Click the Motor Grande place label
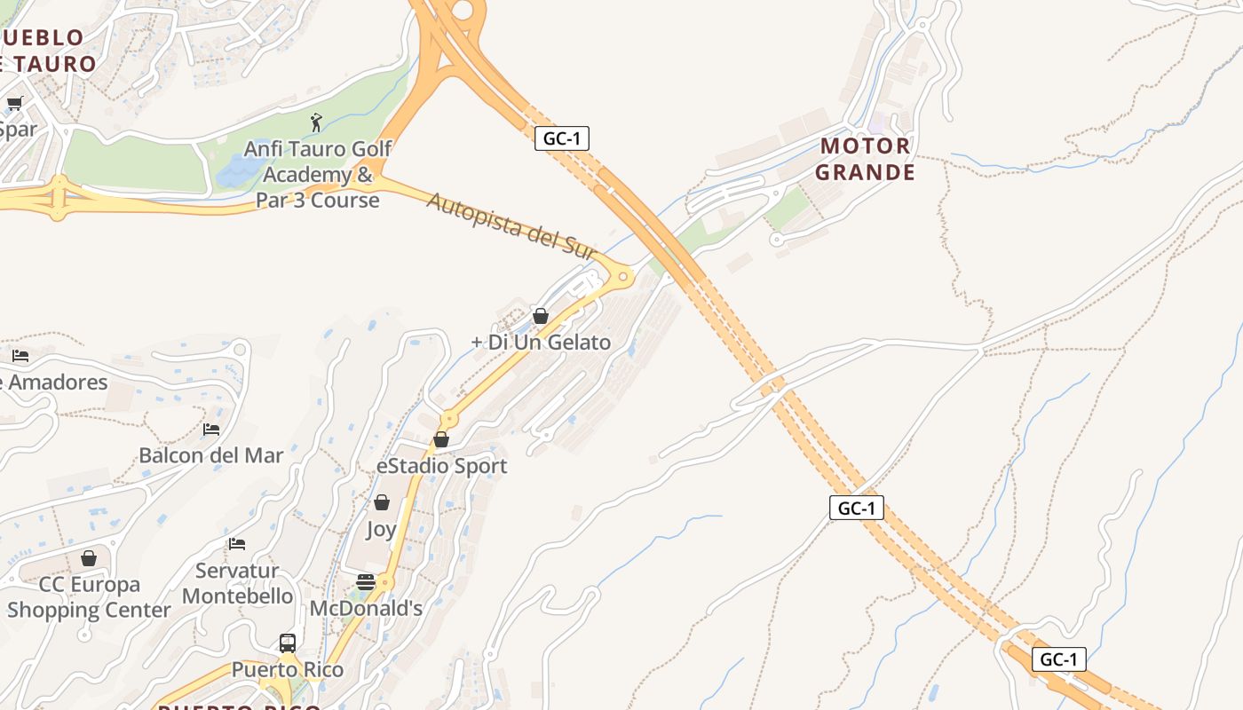click(865, 159)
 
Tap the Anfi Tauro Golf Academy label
click(318, 174)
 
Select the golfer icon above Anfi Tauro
click(316, 122)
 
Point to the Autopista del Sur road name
click(511, 225)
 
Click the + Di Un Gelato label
click(541, 342)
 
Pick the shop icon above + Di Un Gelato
click(540, 315)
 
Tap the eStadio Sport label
click(442, 466)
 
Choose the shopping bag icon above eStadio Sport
click(441, 439)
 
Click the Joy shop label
click(381, 530)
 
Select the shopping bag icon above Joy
click(382, 502)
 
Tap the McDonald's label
click(366, 609)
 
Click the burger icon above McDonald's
click(366, 582)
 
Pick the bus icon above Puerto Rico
click(288, 643)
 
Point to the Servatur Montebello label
click(238, 583)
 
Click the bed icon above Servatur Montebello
click(236, 543)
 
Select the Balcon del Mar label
click(211, 455)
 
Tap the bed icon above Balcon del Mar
click(211, 429)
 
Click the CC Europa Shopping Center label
click(89, 597)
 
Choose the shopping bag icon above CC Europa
click(89, 558)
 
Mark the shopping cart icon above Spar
click(15, 103)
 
